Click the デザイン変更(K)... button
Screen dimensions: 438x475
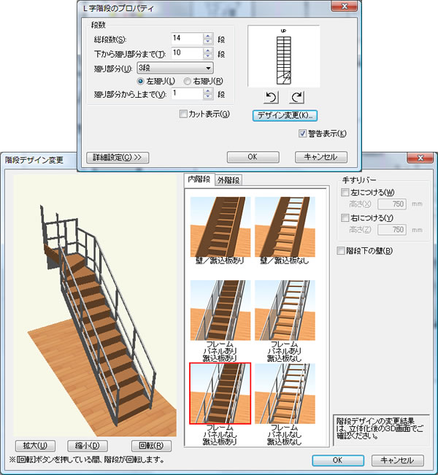[x=285, y=115]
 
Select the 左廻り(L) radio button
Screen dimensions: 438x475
[x=140, y=81]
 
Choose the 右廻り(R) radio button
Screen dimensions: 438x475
[x=188, y=81]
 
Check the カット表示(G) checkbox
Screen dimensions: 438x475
[x=183, y=114]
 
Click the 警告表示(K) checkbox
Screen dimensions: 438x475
[x=302, y=134]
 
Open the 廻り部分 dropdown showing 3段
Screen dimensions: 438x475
[x=175, y=68]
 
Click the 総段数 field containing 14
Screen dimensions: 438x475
[x=186, y=39]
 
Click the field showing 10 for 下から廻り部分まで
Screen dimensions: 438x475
[x=186, y=53]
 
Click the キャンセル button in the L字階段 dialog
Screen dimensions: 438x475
[x=321, y=157]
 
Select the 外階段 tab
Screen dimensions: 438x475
[x=228, y=180]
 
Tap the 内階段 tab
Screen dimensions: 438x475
[x=199, y=179]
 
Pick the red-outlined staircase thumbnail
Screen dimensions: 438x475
[x=220, y=393]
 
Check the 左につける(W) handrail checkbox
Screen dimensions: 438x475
[x=345, y=192]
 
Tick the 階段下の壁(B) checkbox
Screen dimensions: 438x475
[x=341, y=250]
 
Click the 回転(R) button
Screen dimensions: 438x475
[x=151, y=446]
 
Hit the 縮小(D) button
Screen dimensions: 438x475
[x=88, y=446]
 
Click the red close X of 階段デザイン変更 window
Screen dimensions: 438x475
[x=420, y=158]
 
